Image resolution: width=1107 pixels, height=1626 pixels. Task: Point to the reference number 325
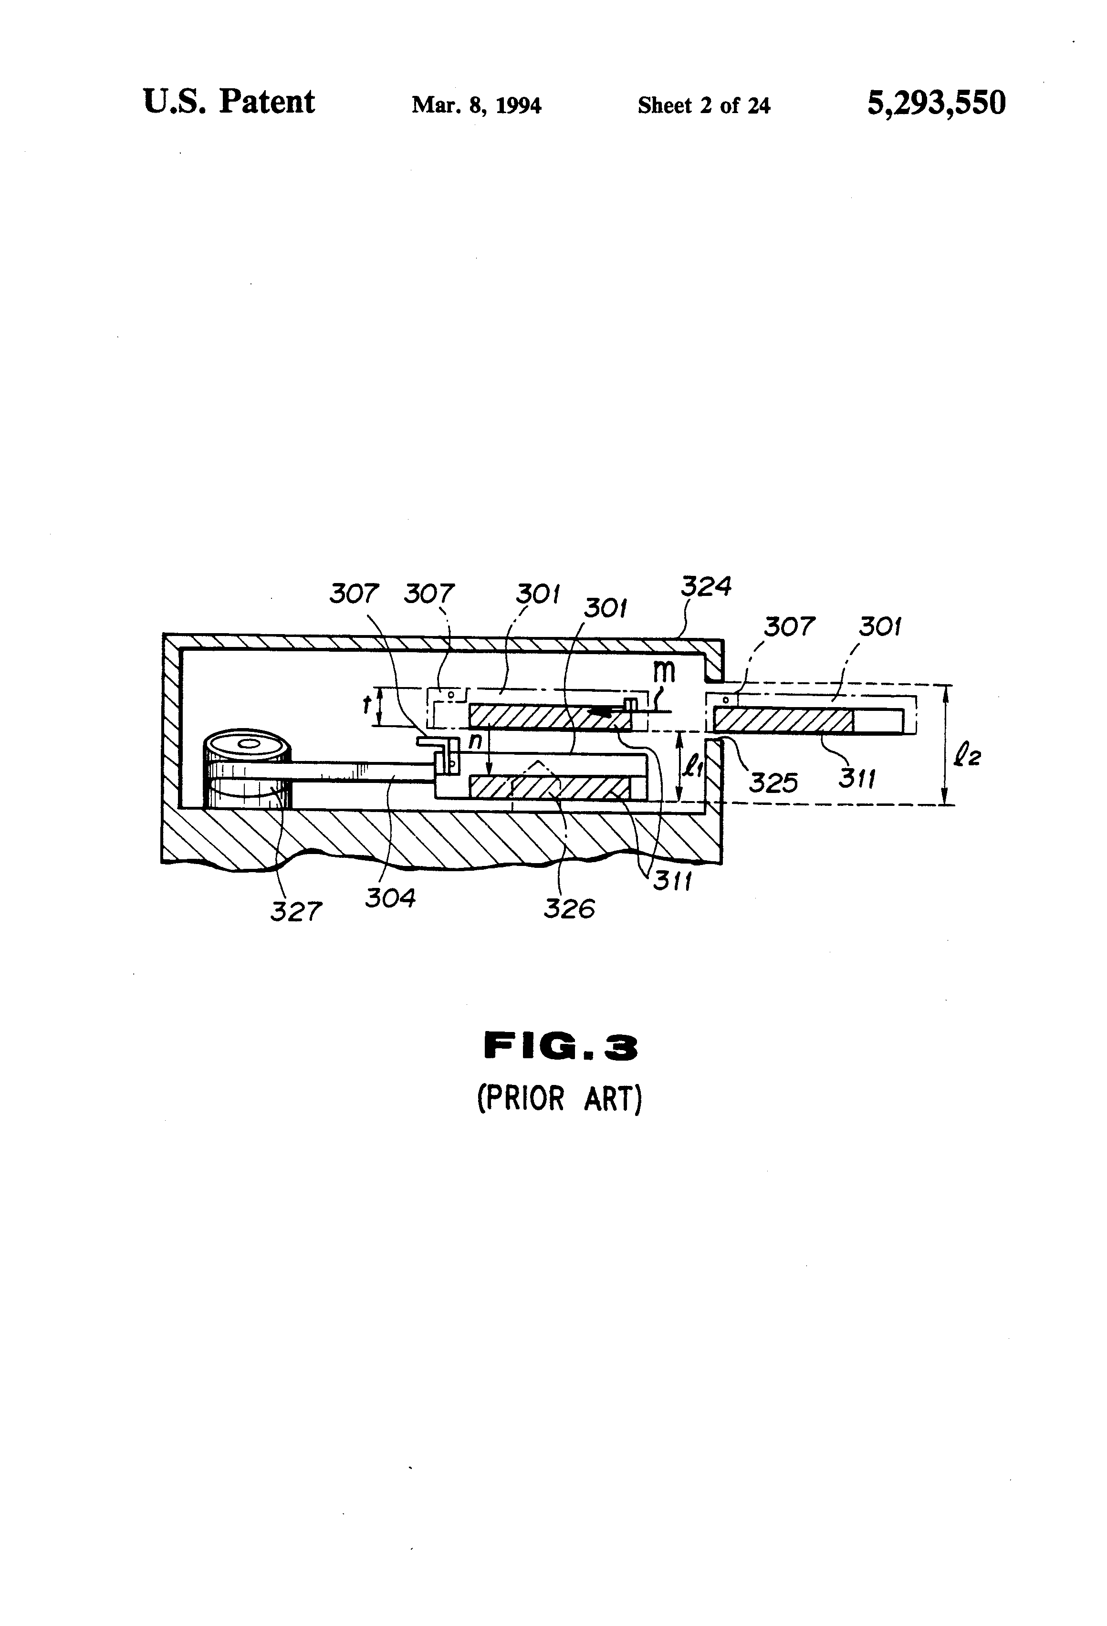773,782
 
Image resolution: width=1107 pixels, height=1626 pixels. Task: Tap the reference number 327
296,911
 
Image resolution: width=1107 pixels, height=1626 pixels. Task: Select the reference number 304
390,897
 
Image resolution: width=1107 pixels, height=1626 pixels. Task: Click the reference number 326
569,909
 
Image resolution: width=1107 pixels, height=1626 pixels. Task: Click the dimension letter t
366,705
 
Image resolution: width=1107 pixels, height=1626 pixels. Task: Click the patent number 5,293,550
936,103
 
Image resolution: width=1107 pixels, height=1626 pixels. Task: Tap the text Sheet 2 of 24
703,105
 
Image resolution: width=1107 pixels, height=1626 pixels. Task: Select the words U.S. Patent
229,102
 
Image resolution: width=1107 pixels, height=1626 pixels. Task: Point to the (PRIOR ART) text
559,1098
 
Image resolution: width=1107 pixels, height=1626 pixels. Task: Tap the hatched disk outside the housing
783,720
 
